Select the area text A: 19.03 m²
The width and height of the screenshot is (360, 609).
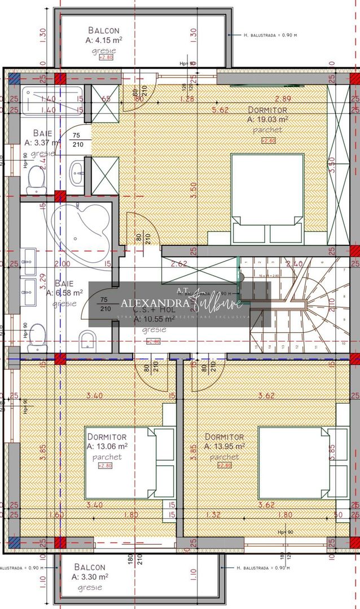[267, 120]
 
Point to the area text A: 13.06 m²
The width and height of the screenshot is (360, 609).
[107, 446]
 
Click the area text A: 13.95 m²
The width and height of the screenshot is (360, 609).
[225, 446]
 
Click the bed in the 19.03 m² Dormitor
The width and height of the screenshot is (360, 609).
[267, 198]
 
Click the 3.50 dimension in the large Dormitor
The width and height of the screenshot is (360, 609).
[194, 187]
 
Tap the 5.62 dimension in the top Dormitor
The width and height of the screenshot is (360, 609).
[220, 110]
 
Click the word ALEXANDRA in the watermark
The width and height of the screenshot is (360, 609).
[155, 303]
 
